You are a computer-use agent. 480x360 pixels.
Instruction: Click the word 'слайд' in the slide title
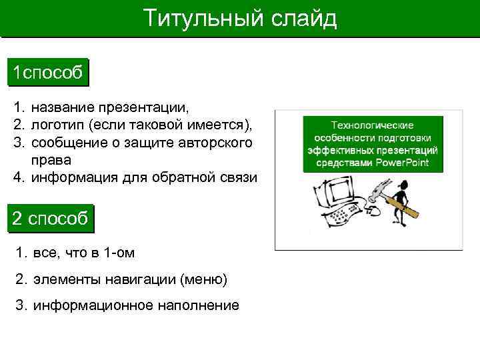click(x=303, y=18)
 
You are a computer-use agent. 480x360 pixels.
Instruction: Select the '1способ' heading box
click(x=48, y=73)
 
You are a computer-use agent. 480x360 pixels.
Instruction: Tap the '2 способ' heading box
click(x=50, y=219)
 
